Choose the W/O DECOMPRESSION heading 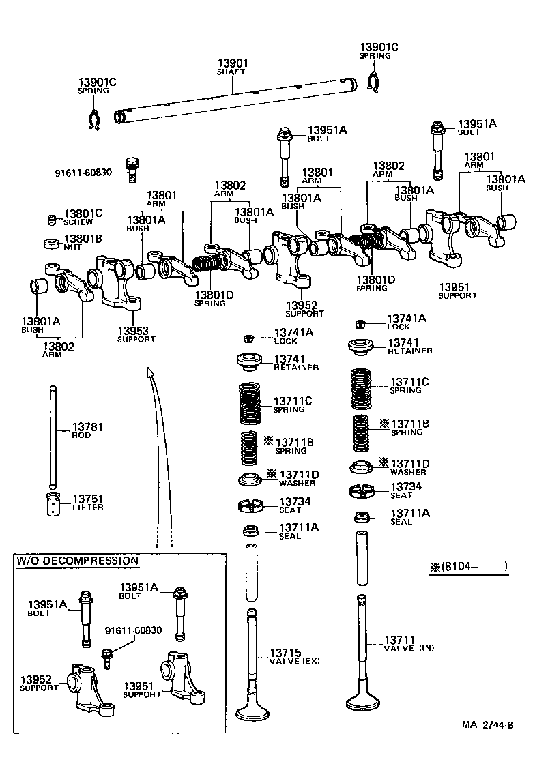click(77, 561)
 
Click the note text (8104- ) click(469, 566)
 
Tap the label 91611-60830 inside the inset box click(133, 630)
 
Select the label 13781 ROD click(87, 430)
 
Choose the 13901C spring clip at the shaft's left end click(95, 121)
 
